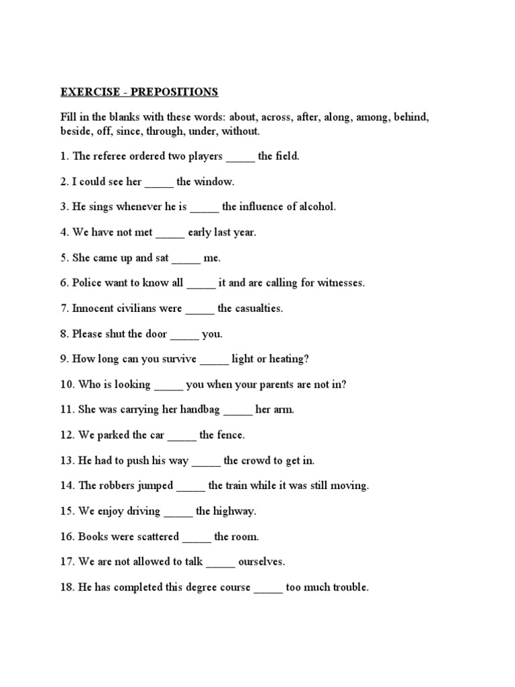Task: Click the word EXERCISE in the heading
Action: (86, 91)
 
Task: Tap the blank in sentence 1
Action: (240, 157)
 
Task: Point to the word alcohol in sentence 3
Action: (313, 207)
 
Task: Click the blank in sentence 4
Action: (170, 233)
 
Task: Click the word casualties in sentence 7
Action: (258, 309)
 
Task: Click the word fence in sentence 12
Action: (231, 435)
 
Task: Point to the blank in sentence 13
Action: (206, 462)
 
